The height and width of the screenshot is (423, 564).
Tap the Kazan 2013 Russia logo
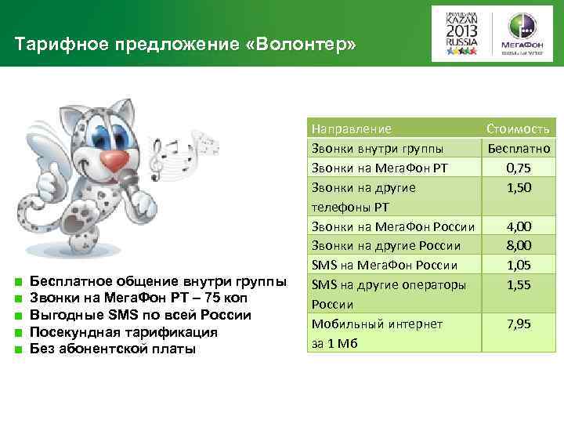[461, 34]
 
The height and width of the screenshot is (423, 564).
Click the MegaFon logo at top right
[523, 34]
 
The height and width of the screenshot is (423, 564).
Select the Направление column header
[352, 128]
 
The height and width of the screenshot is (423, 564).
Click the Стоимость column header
[519, 128]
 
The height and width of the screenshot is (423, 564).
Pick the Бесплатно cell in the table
[519, 148]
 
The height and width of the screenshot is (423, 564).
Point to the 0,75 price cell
[519, 168]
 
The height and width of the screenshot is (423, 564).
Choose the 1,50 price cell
[519, 187]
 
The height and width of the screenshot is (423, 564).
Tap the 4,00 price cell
[519, 226]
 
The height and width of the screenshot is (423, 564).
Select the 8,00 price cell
[519, 246]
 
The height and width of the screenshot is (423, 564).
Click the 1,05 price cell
[519, 266]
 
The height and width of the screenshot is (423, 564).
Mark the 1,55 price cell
[519, 285]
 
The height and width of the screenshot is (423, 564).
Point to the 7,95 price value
[519, 324]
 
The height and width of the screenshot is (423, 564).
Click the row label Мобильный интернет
[377, 324]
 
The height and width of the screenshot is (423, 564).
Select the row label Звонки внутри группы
[377, 148]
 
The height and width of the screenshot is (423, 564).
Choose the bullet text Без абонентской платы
[112, 349]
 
